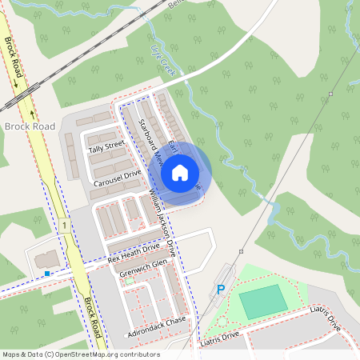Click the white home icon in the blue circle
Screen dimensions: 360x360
pyautogui.click(x=180, y=173)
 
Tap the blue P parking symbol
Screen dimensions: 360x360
pyautogui.click(x=221, y=290)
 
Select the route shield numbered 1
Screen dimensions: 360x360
pyautogui.click(x=62, y=226)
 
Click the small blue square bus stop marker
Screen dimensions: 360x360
pyautogui.click(x=47, y=274)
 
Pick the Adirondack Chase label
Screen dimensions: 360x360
pyautogui.click(x=156, y=326)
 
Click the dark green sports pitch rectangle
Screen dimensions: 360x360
pyautogui.click(x=262, y=302)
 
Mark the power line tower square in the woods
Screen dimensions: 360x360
pyautogui.click(x=330, y=94)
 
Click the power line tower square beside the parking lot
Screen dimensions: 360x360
pyautogui.click(x=240, y=251)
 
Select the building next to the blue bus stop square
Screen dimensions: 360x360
pyautogui.click(x=47, y=258)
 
